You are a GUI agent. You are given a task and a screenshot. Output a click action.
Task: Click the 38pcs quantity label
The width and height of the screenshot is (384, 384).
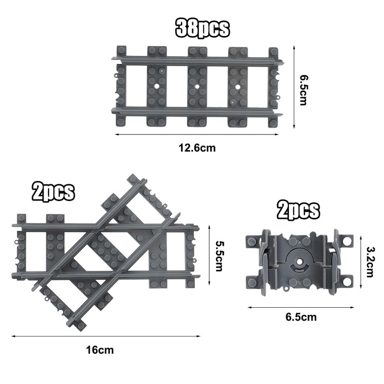point(203,28)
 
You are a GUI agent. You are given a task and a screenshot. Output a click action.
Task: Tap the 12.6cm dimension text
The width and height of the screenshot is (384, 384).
point(197,148)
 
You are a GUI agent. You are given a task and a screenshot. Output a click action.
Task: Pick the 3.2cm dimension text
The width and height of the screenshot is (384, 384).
point(370,262)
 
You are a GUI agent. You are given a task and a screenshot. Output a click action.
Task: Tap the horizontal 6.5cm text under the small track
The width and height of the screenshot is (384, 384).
point(301,317)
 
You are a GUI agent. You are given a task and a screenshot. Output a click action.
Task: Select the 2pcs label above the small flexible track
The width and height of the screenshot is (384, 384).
point(298,210)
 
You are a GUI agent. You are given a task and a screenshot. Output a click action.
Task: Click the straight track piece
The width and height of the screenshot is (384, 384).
point(197,86)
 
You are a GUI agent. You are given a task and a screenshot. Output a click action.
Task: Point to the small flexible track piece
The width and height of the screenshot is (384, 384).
point(299,261)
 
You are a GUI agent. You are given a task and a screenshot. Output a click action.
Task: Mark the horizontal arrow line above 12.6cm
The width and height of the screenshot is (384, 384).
point(197,135)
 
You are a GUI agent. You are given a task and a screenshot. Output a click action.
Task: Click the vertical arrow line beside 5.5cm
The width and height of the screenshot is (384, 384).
point(209,255)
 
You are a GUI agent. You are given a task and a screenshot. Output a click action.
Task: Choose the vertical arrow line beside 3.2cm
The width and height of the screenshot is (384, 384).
point(359,262)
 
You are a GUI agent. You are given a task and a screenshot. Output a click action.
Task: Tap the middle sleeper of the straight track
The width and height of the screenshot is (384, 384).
point(197,86)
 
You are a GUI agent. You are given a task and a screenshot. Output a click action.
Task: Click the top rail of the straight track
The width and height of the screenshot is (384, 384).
point(197,61)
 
